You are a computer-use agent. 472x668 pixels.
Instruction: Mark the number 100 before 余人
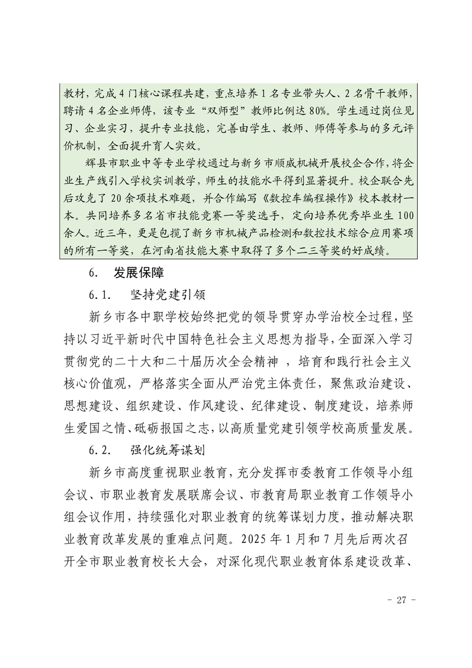coord(400,217)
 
